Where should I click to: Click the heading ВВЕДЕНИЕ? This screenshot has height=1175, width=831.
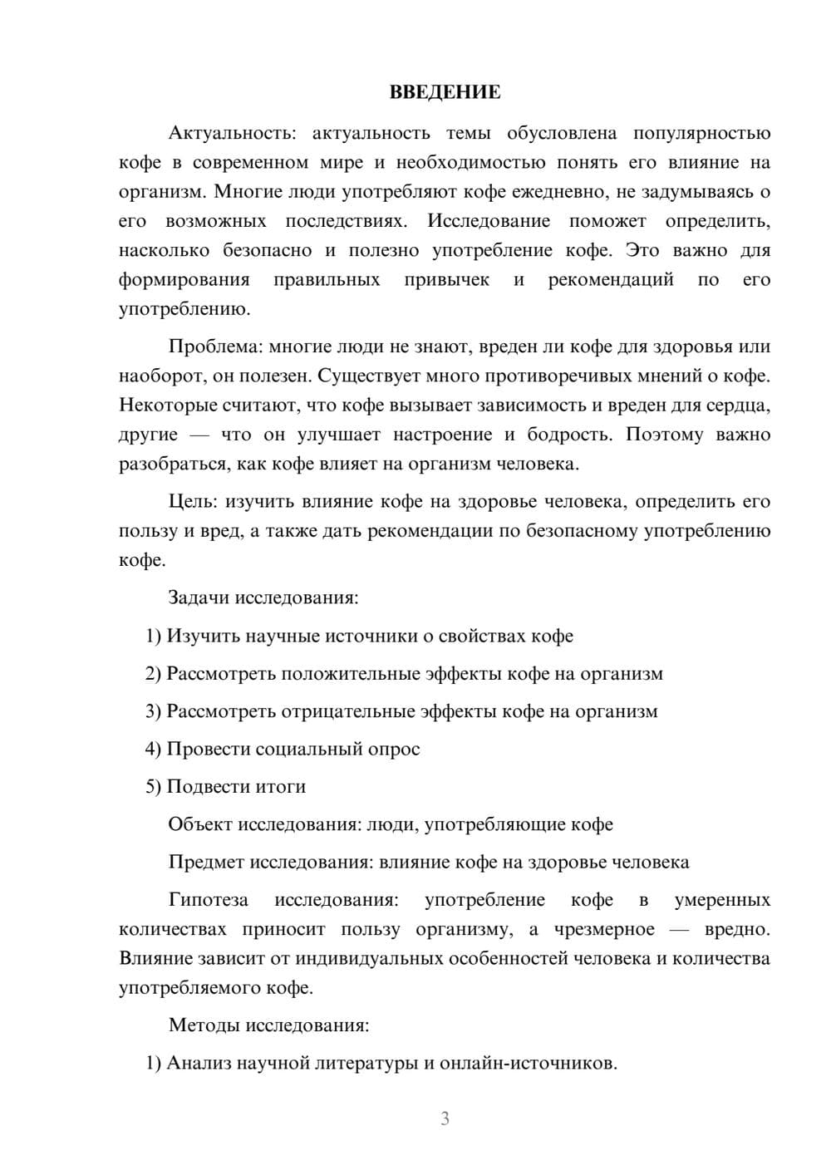(445, 92)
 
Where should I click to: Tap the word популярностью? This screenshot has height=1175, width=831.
(702, 133)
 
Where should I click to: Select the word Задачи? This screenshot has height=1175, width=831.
(199, 597)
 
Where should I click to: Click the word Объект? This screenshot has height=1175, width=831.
(200, 824)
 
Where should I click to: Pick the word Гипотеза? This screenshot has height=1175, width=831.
(208, 900)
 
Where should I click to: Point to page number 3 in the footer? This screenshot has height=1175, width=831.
(445, 1118)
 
